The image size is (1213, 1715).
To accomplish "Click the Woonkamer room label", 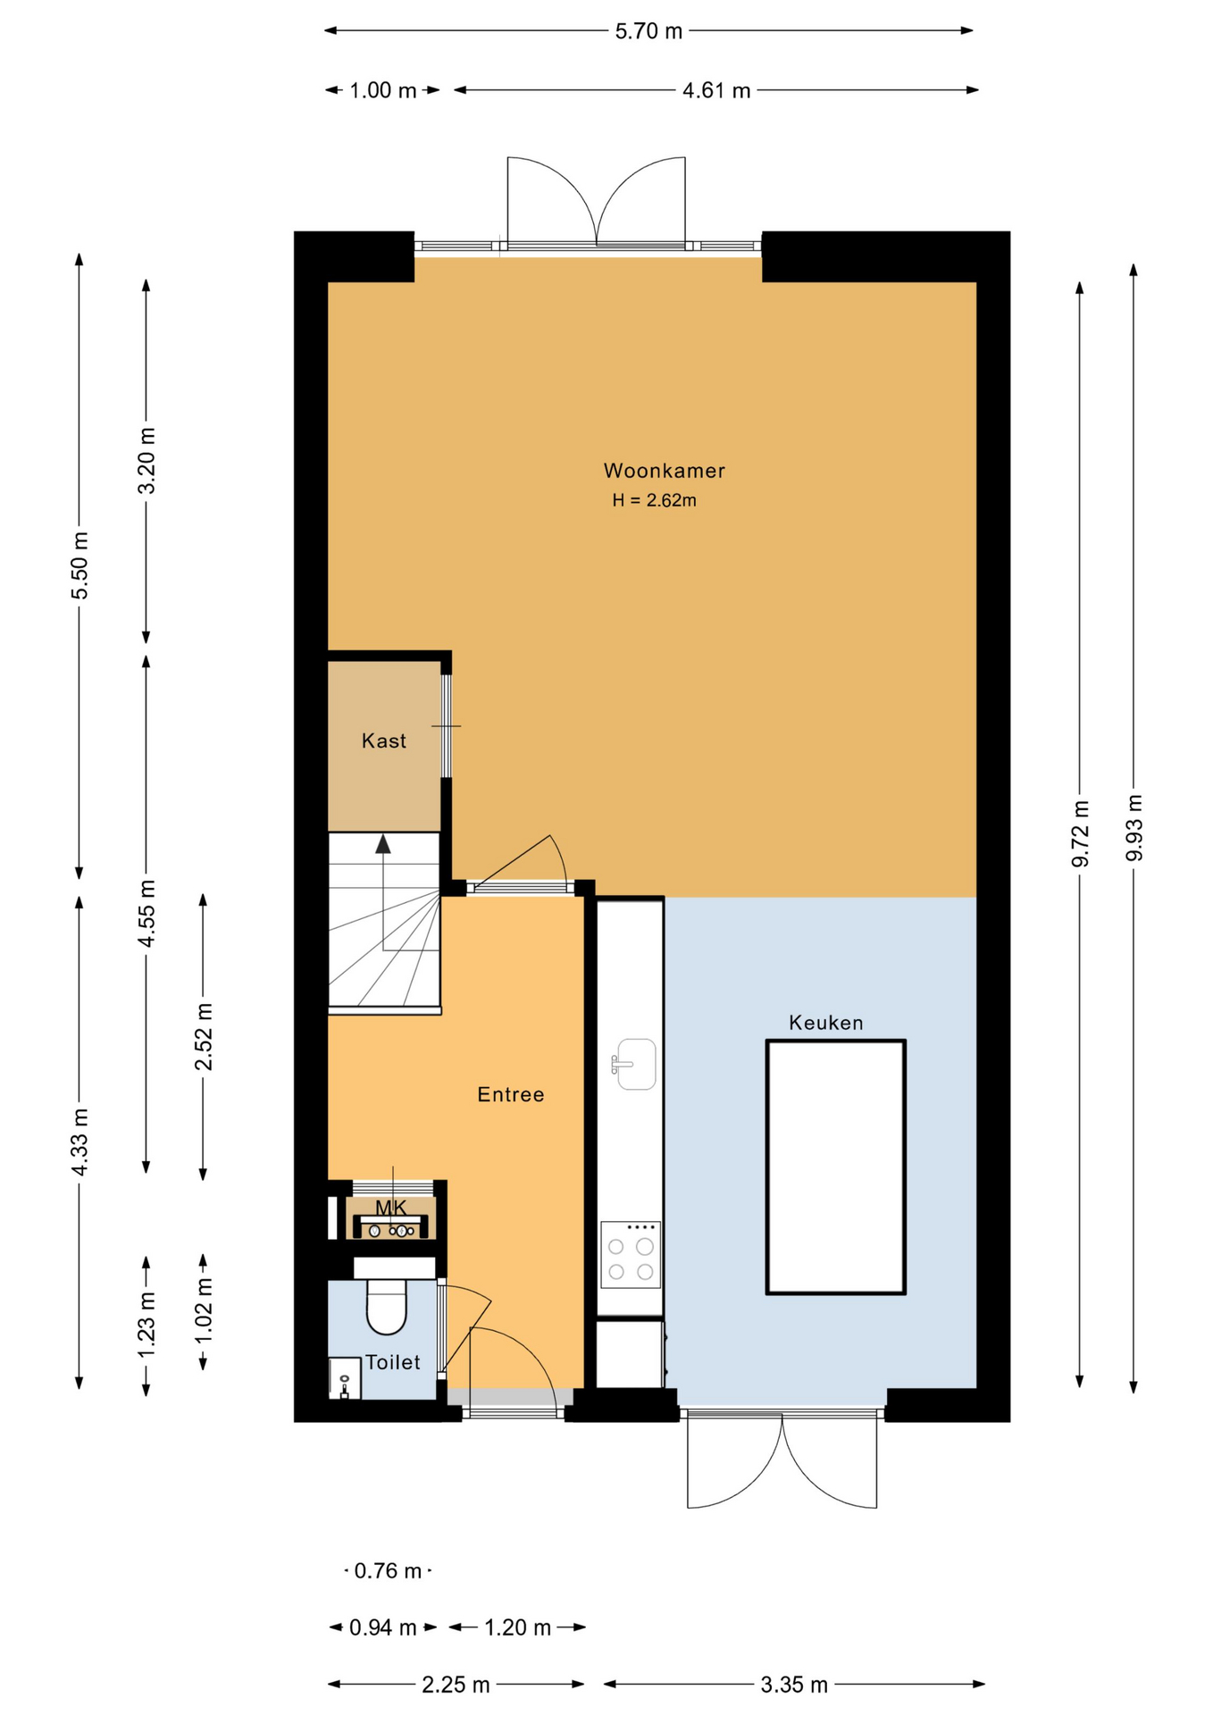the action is [664, 471].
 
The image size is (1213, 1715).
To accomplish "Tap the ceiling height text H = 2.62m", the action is [654, 500].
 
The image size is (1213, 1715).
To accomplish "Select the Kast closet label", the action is [384, 740].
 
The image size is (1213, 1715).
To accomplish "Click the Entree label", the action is [510, 1094].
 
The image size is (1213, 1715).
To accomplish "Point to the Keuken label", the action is [825, 1023].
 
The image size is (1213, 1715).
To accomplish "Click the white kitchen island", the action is [836, 1167].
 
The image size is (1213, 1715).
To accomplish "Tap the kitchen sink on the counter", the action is [634, 1064].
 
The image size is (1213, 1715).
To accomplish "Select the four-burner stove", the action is [631, 1255].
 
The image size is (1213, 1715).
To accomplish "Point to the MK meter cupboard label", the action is [390, 1208].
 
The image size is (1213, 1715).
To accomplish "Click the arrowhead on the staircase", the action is [383, 843].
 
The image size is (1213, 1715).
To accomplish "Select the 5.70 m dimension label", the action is [648, 31].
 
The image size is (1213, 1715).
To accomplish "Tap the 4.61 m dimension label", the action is [716, 90].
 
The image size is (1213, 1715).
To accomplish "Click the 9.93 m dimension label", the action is [1134, 827].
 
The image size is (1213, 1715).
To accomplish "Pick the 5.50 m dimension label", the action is [79, 566].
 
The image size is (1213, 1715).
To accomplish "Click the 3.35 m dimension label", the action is [794, 1685].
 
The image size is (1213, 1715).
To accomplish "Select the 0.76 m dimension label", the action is [388, 1570].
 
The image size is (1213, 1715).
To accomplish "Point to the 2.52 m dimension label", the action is [204, 1036].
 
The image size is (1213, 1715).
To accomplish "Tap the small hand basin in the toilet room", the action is [344, 1377].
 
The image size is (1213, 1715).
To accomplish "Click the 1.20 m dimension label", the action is [517, 1627].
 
